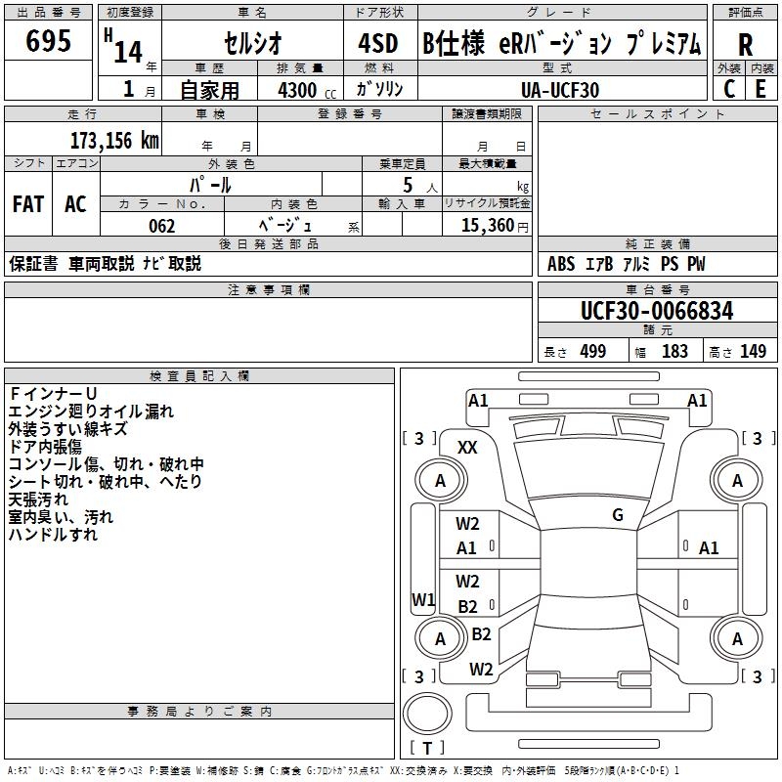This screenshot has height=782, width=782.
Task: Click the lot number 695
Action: [x=49, y=42]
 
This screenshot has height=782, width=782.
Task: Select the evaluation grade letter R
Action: [x=745, y=45]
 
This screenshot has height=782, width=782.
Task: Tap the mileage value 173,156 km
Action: [x=114, y=141]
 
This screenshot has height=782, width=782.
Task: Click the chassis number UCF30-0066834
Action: [x=656, y=311]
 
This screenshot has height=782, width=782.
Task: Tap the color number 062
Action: [x=161, y=226]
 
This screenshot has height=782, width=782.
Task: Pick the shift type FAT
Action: [x=28, y=204]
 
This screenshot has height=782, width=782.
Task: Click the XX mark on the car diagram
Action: [x=468, y=448]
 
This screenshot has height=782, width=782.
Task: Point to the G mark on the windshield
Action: [x=618, y=515]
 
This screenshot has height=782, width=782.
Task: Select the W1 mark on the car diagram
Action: [x=423, y=598]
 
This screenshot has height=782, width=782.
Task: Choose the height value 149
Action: [x=753, y=352]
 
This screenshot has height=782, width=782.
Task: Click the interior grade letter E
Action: [x=760, y=88]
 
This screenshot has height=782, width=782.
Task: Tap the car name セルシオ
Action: [x=251, y=44]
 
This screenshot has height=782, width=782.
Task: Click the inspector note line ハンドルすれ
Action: [x=53, y=535]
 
